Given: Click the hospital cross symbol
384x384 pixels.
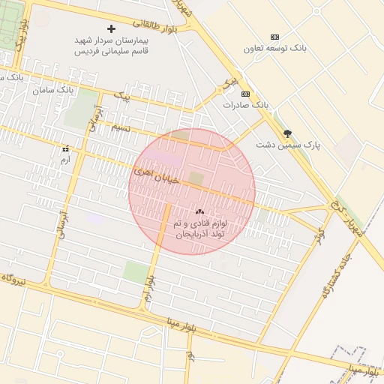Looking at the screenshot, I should tap(112, 28).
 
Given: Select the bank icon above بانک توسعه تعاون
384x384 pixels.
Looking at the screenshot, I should tap(274, 37).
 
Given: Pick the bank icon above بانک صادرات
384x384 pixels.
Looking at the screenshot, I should tap(246, 93).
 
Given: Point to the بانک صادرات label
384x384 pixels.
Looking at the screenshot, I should tap(245, 105).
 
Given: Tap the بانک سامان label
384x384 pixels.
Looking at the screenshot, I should tap(55, 89).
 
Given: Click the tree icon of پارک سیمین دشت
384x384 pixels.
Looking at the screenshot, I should tap(287, 133).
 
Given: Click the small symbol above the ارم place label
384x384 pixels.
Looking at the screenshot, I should tap(65, 148).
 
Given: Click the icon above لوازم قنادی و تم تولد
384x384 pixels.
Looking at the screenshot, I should tap(199, 212).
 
